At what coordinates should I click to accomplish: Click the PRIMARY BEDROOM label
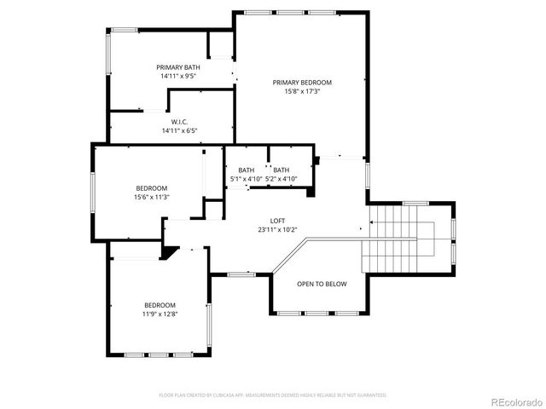(302, 83)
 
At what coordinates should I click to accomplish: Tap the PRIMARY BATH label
(177, 67)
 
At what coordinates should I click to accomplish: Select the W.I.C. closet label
(179, 122)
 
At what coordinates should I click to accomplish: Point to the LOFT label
(278, 220)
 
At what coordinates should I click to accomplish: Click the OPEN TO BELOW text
(322, 284)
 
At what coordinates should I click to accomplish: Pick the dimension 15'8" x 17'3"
(302, 91)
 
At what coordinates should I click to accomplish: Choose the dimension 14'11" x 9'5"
(177, 76)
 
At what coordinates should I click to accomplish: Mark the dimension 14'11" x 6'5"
(179, 131)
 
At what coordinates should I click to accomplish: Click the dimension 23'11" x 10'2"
(278, 229)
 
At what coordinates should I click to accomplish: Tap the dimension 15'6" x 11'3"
(152, 197)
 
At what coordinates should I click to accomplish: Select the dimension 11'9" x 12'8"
(160, 314)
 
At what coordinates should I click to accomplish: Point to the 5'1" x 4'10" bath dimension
(247, 179)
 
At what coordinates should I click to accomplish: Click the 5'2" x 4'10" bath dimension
(281, 179)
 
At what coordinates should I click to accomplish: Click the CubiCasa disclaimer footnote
(273, 395)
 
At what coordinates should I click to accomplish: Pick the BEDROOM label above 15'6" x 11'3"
(152, 188)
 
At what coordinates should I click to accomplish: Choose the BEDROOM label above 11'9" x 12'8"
(160, 305)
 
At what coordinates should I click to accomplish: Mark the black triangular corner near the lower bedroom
(171, 251)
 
